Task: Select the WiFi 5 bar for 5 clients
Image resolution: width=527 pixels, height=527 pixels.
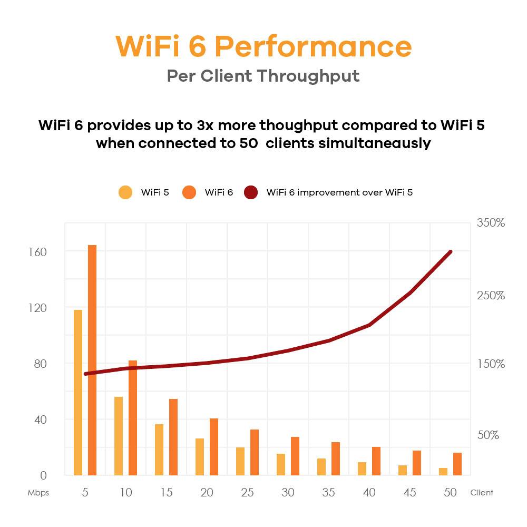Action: pyautogui.click(x=78, y=393)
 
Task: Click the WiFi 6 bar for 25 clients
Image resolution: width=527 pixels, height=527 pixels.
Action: pyautogui.click(x=255, y=452)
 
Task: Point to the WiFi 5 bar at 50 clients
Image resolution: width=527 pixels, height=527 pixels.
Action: pyautogui.click(x=443, y=471)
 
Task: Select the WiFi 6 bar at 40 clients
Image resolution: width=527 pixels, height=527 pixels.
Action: pyautogui.click(x=376, y=461)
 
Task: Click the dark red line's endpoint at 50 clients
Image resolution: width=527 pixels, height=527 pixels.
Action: pyautogui.click(x=451, y=252)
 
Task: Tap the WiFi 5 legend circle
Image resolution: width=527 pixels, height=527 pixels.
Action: pyautogui.click(x=126, y=192)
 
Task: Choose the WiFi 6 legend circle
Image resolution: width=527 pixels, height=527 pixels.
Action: pyautogui.click(x=190, y=192)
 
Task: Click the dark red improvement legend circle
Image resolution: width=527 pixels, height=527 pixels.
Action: pyautogui.click(x=251, y=192)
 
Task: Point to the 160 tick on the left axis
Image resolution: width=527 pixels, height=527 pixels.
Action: pyautogui.click(x=38, y=252)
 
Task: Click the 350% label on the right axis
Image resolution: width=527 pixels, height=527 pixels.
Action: pyautogui.click(x=491, y=223)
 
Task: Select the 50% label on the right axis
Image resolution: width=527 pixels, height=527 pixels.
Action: pyautogui.click(x=487, y=435)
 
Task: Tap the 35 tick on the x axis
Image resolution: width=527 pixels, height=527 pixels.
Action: pyautogui.click(x=328, y=493)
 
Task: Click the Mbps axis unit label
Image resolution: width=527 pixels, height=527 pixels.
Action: pyautogui.click(x=38, y=493)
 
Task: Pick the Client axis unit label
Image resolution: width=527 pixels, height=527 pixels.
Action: pyautogui.click(x=482, y=493)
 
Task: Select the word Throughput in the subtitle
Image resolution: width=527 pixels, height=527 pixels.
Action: pyautogui.click(x=308, y=75)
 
